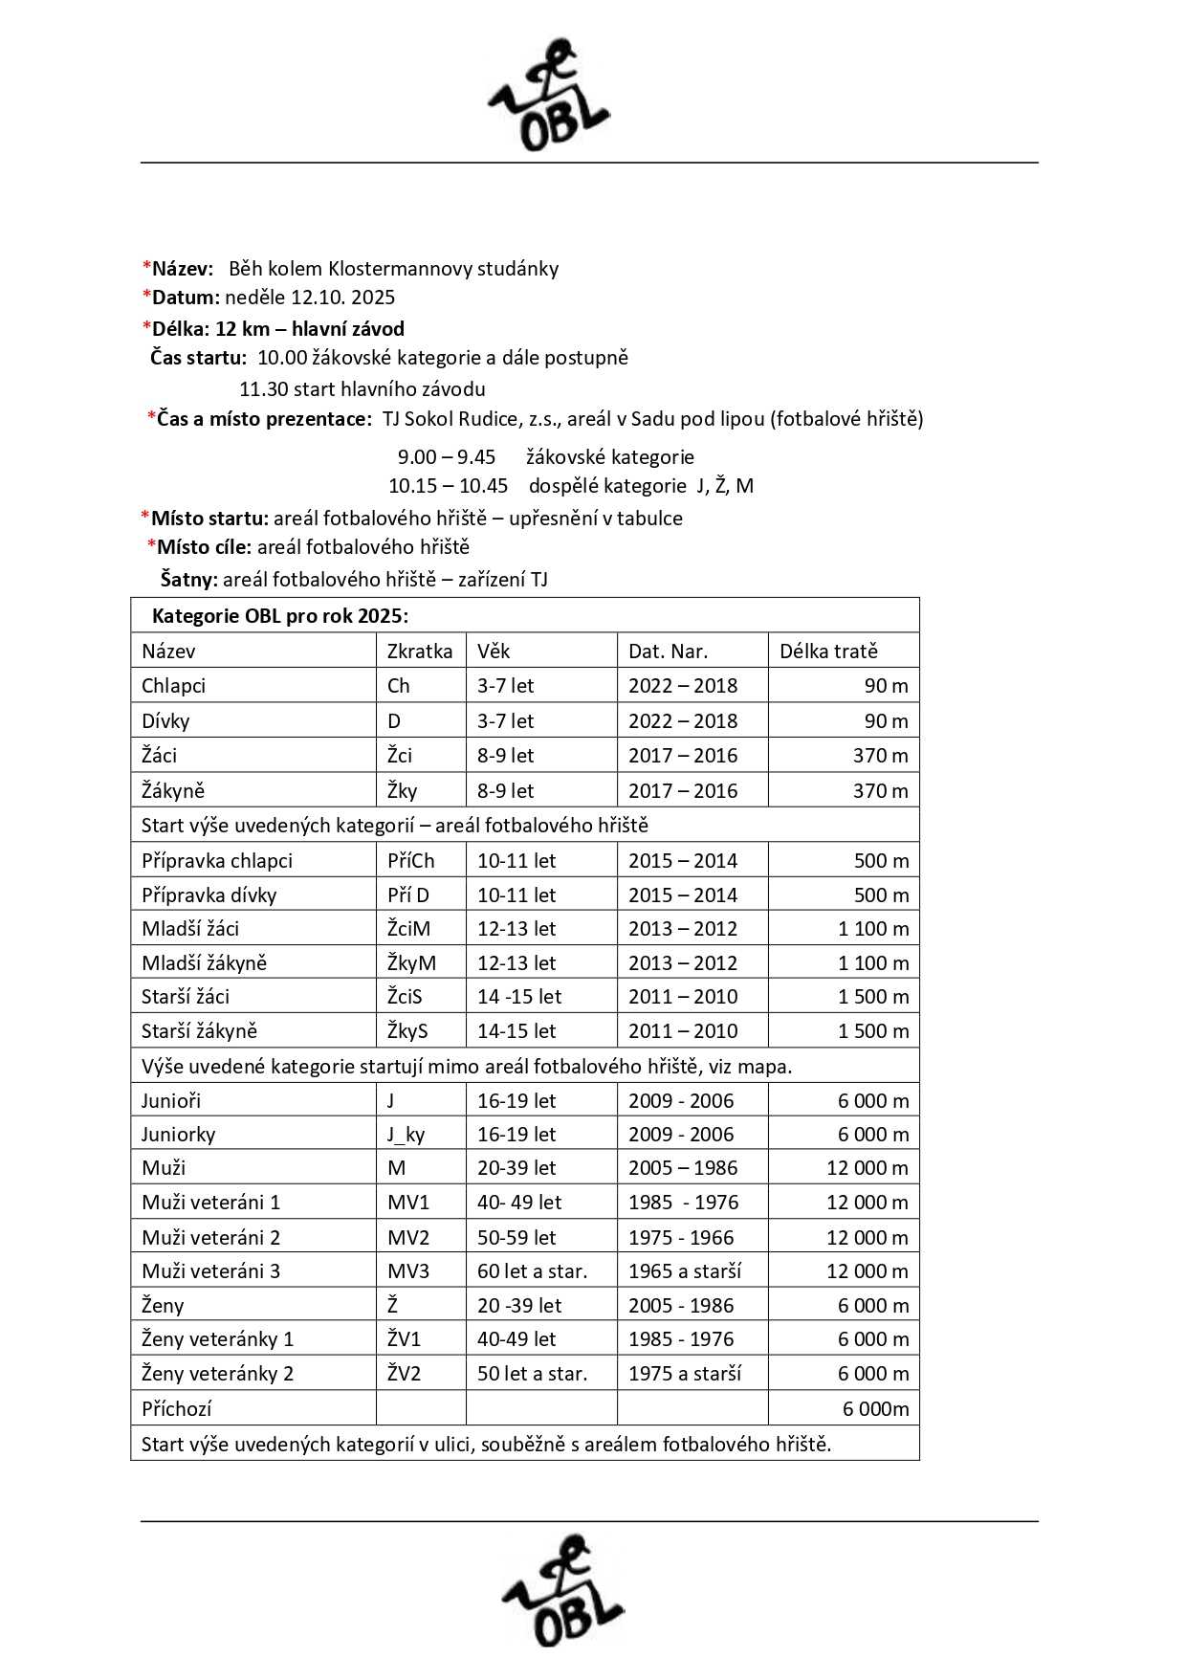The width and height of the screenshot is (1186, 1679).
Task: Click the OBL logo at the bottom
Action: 563,1591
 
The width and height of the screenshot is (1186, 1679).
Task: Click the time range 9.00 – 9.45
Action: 447,457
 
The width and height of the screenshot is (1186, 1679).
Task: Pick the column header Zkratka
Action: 420,652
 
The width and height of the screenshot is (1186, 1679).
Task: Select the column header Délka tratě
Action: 828,652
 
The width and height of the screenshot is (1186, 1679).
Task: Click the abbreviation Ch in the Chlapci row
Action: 399,686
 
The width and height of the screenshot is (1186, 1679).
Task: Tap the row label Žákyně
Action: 173,791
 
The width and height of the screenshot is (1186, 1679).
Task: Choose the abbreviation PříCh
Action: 411,861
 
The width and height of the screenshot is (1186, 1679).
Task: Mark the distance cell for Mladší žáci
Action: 872,929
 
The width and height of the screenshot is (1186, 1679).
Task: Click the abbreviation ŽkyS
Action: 407,1031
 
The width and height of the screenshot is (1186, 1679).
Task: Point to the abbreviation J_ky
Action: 406,1135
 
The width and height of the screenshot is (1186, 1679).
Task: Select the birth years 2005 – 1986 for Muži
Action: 683,1168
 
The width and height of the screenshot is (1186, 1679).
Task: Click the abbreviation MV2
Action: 408,1238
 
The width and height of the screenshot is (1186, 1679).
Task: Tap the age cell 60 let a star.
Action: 532,1271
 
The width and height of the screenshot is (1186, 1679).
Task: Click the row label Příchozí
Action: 177,1409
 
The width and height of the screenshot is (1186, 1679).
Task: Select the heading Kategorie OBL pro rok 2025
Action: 279,616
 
